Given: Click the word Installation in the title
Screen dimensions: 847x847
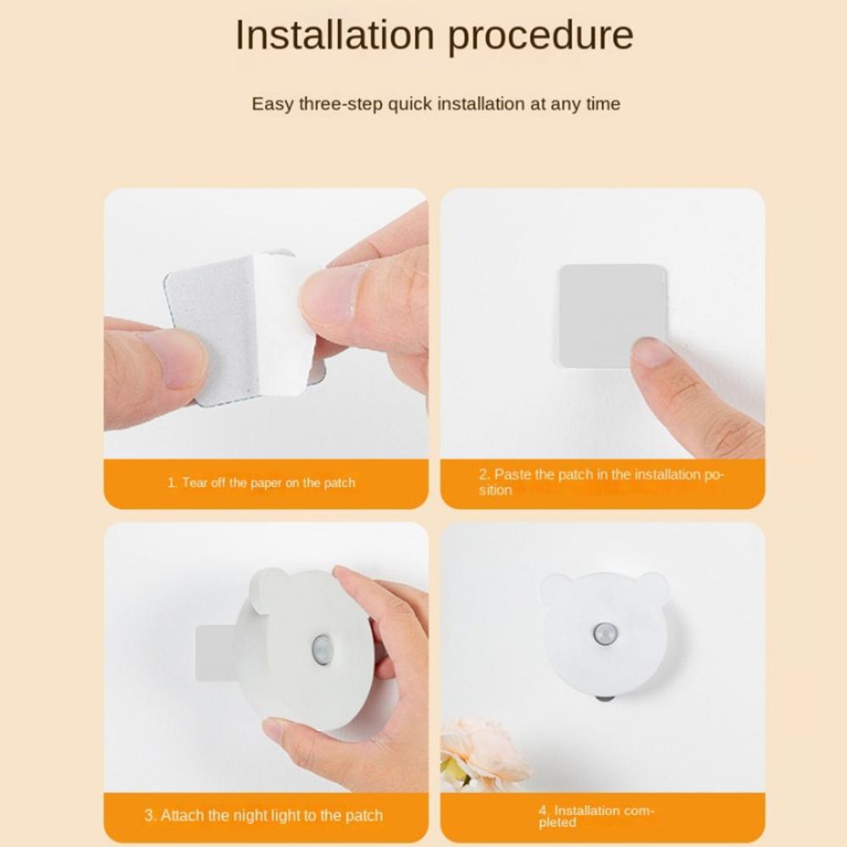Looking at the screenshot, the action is pyautogui.click(x=335, y=35).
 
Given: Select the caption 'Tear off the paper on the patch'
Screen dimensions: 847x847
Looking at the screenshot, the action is pyautogui.click(x=262, y=483).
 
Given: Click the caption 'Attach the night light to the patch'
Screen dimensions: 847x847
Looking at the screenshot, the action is pyautogui.click(x=263, y=815).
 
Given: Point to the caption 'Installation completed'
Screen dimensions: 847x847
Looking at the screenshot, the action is pyautogui.click(x=595, y=817).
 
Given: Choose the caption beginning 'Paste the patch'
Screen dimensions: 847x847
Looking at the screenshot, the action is pyautogui.click(x=601, y=482).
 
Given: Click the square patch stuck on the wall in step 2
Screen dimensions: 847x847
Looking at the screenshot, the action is pyautogui.click(x=612, y=316).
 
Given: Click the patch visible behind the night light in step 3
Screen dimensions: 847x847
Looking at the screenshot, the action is pyautogui.click(x=215, y=652).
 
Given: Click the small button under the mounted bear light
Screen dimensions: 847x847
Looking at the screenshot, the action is pyautogui.click(x=605, y=698).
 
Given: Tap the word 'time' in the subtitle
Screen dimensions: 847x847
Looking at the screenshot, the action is pyautogui.click(x=603, y=103).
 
